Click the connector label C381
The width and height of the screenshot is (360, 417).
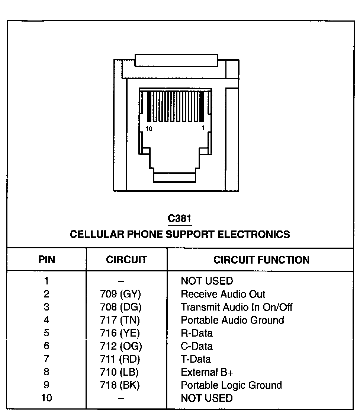(180, 219)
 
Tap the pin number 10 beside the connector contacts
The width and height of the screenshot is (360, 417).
(149, 129)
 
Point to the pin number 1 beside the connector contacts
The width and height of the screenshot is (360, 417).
(203, 128)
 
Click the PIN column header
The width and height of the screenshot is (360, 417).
(46, 260)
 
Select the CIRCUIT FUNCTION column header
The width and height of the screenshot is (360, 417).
(261, 260)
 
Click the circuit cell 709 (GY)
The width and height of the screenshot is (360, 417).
(120, 294)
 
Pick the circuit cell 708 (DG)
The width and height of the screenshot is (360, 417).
(120, 307)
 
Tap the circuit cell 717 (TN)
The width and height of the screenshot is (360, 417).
(120, 320)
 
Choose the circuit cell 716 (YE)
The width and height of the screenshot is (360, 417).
(120, 333)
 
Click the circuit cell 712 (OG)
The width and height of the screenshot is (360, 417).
(120, 346)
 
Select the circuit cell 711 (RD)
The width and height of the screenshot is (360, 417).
(120, 359)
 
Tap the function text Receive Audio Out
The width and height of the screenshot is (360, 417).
(223, 294)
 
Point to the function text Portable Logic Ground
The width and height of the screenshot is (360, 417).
(231, 385)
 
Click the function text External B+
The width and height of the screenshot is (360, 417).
(207, 372)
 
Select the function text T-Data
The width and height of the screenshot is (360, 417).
(196, 359)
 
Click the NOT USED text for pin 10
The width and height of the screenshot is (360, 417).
(207, 398)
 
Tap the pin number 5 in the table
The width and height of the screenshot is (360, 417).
(46, 333)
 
